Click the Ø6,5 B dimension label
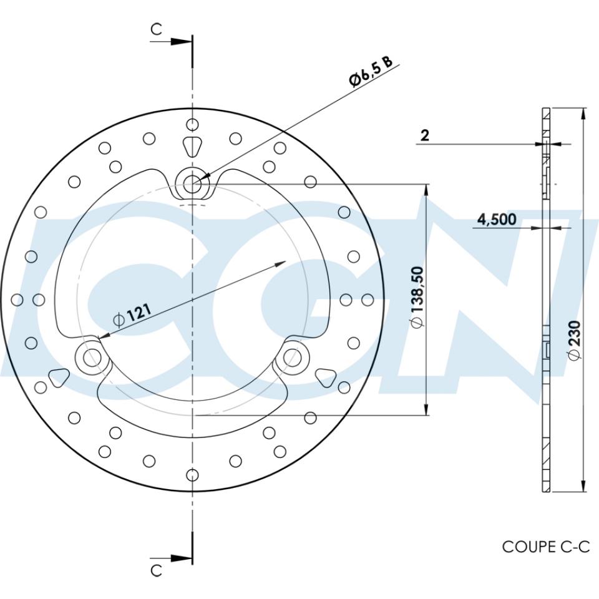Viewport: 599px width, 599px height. [371, 71]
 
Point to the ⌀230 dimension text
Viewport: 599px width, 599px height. [574, 341]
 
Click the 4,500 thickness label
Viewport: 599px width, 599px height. [497, 219]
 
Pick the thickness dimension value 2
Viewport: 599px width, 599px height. [425, 135]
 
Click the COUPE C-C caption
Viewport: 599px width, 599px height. [545, 547]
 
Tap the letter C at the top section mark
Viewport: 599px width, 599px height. [157, 29]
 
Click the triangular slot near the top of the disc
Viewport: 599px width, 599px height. [192, 146]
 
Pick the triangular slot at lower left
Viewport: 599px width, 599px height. [59, 376]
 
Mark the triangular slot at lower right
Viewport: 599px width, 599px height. [325, 376]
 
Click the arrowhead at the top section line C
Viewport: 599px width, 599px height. [181, 42]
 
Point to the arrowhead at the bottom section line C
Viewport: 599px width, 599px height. [181, 557]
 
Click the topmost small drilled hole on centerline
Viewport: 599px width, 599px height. [192, 122]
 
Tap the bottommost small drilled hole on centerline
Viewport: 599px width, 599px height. [192, 476]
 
